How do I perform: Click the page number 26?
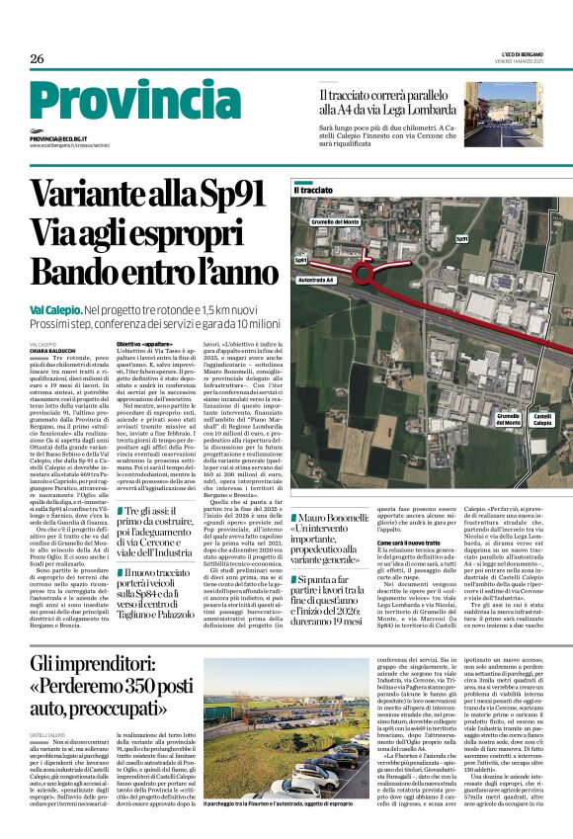click(37, 58)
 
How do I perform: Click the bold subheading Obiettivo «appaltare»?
click(143, 343)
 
